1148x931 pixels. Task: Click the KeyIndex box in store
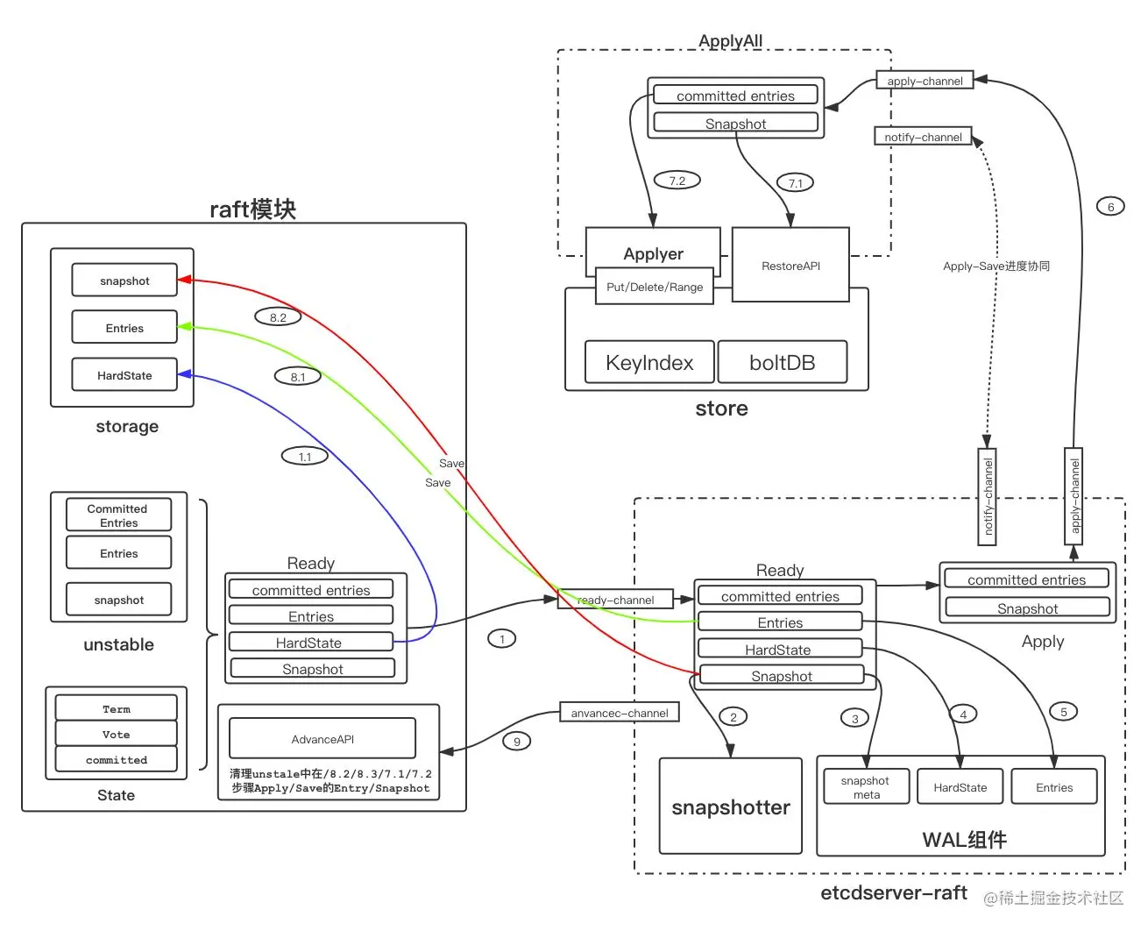[649, 363]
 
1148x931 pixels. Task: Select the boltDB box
[783, 363]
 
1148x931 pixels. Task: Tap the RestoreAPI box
[790, 266]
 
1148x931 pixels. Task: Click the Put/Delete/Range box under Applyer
[655, 287]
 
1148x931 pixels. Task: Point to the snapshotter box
[731, 807]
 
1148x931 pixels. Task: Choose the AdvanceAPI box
[322, 739]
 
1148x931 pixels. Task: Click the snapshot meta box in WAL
[866, 787]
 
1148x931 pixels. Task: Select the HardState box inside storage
[124, 375]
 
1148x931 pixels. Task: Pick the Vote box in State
[116, 735]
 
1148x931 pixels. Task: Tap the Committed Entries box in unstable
[118, 515]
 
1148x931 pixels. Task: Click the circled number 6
[1110, 207]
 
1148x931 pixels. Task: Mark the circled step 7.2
[677, 181]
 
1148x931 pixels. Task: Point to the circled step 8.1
[298, 377]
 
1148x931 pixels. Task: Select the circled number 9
[517, 742]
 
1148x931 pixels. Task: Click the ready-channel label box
[615, 600]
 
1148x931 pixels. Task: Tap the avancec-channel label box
[620, 713]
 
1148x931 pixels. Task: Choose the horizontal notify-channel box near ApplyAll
[923, 137]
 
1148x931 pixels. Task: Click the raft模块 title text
[252, 210]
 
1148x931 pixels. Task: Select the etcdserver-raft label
[893, 892]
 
